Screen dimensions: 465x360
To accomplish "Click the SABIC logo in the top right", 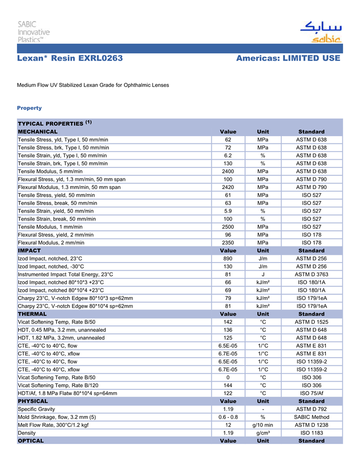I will click(x=320, y=32).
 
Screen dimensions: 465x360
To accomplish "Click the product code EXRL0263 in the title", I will click(x=100, y=59).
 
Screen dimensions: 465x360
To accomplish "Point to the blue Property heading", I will click(x=29, y=108).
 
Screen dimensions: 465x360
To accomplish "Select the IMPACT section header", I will click(x=29, y=251).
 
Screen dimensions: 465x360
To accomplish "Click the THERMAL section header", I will click(x=32, y=314).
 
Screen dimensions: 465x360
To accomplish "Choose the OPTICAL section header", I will click(x=31, y=441).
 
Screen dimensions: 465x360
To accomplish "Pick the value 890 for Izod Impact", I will click(x=228, y=258).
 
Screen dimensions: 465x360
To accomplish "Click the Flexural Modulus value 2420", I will click(x=228, y=188).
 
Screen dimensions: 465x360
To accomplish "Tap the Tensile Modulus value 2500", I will click(x=228, y=227).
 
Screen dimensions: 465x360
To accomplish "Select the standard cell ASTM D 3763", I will click(x=311, y=274).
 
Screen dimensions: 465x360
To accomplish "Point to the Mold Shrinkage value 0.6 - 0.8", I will click(x=228, y=417).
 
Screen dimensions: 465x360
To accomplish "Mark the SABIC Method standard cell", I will click(x=311, y=417).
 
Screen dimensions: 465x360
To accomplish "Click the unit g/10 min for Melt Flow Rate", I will click(x=263, y=425).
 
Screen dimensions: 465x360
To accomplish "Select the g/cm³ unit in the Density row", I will click(x=263, y=433).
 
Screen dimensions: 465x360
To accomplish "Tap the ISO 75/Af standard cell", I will click(x=311, y=393).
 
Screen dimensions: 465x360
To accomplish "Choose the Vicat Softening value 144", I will click(x=228, y=385).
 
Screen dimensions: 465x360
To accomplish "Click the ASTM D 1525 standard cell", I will click(x=311, y=322).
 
